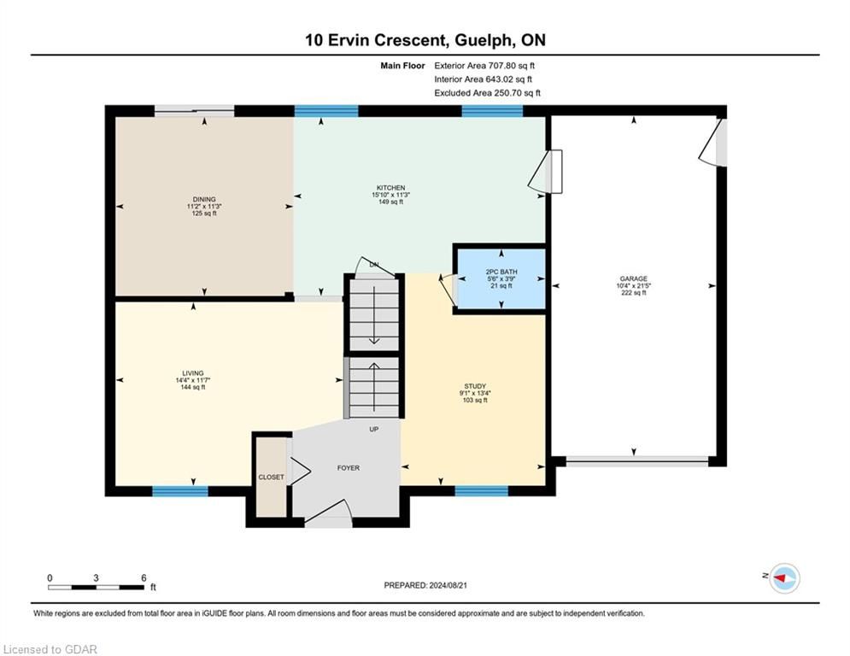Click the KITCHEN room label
coord(391,188)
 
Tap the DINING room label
coord(204,199)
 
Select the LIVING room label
coord(193,373)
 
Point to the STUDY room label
coord(475,386)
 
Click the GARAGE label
coord(634,278)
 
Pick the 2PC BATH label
coord(501,272)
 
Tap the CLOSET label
coord(271,477)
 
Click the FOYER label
coord(348,468)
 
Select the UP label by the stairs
coord(374,430)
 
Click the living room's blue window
coord(180,491)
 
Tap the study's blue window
coord(481,491)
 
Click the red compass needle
coord(780,578)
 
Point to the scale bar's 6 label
coord(144,578)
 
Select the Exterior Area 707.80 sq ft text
coord(484,66)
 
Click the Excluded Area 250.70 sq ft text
coord(487,93)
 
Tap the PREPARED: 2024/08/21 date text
coord(425,585)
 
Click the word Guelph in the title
coord(484,40)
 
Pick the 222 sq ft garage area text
coord(634,293)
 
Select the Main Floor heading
coord(402,66)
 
